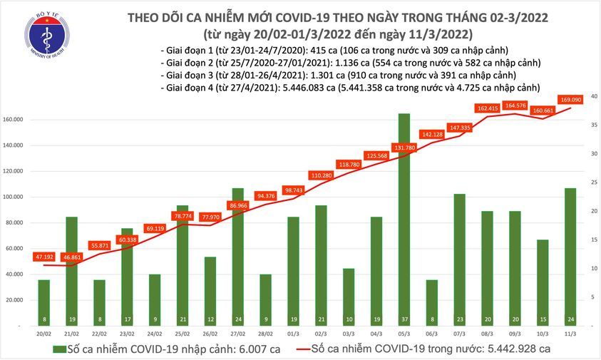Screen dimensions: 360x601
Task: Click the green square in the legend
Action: pos(58,349)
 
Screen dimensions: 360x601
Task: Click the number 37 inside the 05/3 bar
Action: pos(404,318)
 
